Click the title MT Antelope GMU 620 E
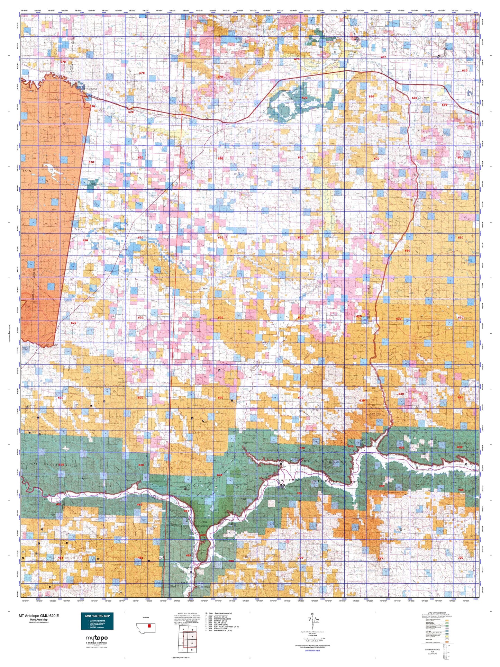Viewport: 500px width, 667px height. [39, 615]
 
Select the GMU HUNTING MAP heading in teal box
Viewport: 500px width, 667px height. [97, 616]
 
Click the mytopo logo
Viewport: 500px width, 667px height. [97, 638]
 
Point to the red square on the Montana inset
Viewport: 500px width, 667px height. [149, 625]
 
